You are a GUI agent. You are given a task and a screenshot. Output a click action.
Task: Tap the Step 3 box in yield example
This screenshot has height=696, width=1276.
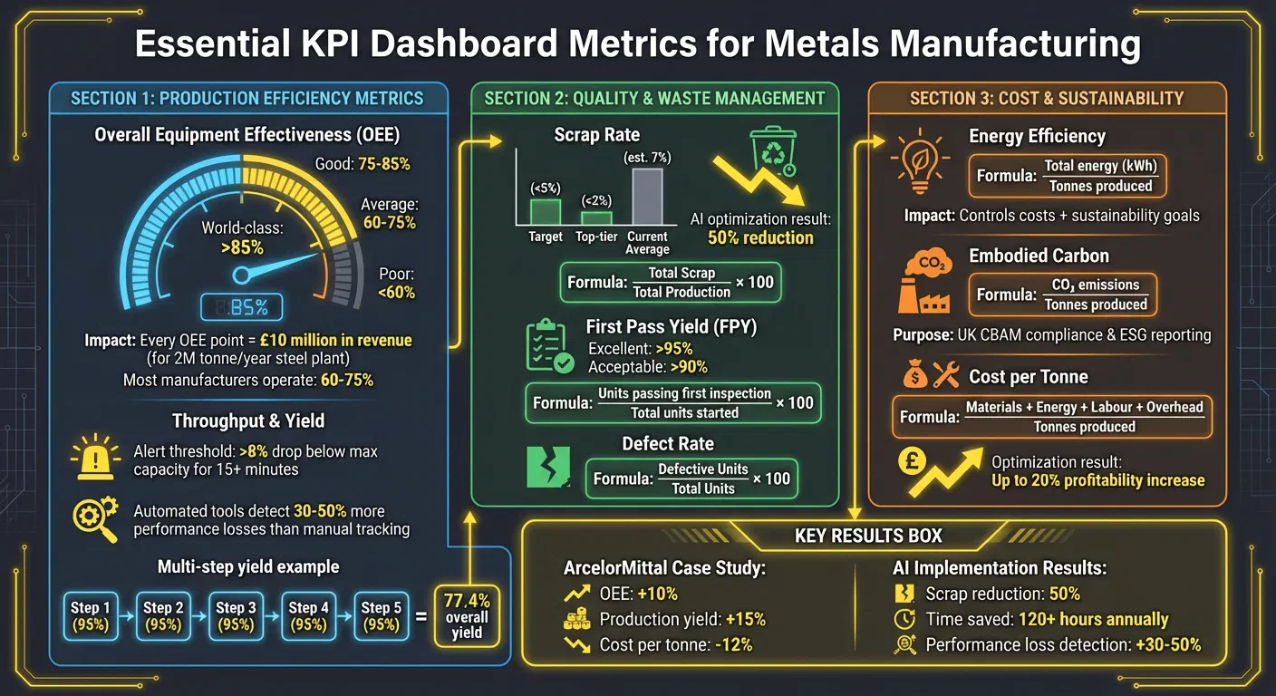tap(235, 616)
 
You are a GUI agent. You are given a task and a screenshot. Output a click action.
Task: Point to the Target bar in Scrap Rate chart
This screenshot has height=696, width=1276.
tap(546, 212)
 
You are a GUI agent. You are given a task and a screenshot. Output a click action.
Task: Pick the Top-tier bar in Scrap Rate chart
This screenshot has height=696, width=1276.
tap(596, 217)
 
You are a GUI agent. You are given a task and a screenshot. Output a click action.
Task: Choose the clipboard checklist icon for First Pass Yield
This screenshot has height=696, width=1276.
tap(549, 345)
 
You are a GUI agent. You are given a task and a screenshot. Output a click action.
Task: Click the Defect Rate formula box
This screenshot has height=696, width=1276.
tap(691, 478)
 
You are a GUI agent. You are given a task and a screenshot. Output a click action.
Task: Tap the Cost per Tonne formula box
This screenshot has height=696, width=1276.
tap(1051, 417)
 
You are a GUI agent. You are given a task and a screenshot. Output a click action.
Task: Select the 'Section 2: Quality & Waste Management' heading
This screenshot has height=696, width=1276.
tap(654, 98)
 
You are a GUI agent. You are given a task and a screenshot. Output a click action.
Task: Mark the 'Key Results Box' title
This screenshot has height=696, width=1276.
tap(868, 536)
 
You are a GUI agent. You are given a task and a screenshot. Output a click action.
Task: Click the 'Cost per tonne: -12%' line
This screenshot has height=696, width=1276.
tap(675, 644)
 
